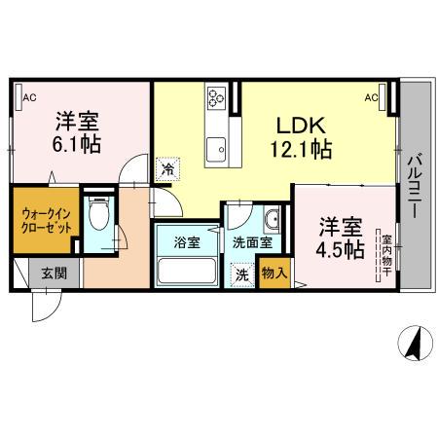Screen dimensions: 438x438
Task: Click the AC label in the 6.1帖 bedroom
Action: [29, 97]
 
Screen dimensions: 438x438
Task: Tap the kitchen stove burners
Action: [215, 96]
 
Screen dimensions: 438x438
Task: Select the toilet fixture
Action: [97, 213]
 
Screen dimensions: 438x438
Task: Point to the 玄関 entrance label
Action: [55, 274]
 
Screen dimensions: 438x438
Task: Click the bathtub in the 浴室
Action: [186, 270]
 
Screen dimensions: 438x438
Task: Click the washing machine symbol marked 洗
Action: [239, 275]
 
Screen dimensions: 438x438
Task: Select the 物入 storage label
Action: [275, 274]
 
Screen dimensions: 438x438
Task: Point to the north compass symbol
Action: [413, 343]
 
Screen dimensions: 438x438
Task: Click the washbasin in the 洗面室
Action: [271, 215]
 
